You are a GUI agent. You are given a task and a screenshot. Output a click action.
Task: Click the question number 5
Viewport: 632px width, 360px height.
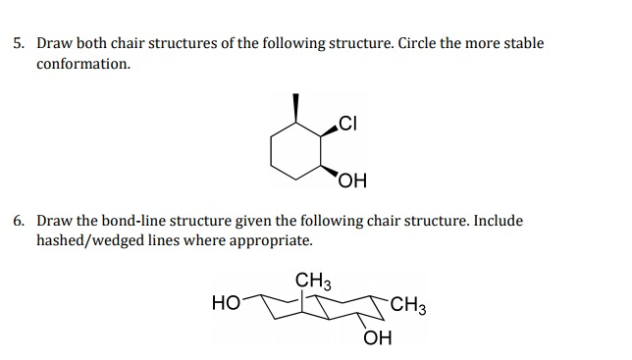(19, 44)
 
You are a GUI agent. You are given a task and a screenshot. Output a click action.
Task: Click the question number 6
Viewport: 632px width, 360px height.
(19, 220)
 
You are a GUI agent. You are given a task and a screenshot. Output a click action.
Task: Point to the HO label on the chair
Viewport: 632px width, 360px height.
(224, 303)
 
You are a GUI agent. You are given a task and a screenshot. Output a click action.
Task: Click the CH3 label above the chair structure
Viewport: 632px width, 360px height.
(314, 282)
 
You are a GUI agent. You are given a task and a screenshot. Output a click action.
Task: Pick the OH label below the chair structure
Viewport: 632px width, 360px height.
(376, 339)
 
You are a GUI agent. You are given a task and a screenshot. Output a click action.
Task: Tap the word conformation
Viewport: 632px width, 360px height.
(82, 64)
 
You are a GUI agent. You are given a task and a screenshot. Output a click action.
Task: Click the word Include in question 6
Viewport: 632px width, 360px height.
(498, 221)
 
